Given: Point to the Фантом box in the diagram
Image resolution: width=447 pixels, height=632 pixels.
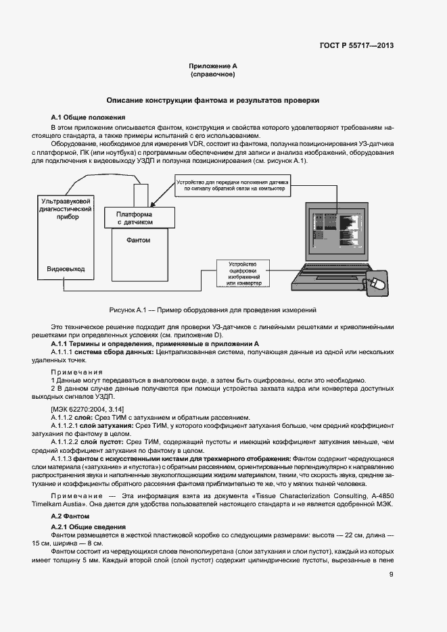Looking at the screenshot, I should [x=138, y=240].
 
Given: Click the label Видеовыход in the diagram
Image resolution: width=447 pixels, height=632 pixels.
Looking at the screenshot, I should [x=66, y=268].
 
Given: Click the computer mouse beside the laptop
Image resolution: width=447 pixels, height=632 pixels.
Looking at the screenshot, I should [x=376, y=284].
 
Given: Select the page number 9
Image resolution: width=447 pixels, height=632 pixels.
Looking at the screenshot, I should [x=392, y=575].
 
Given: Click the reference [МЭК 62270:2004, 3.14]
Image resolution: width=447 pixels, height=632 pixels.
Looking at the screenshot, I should [x=87, y=410].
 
